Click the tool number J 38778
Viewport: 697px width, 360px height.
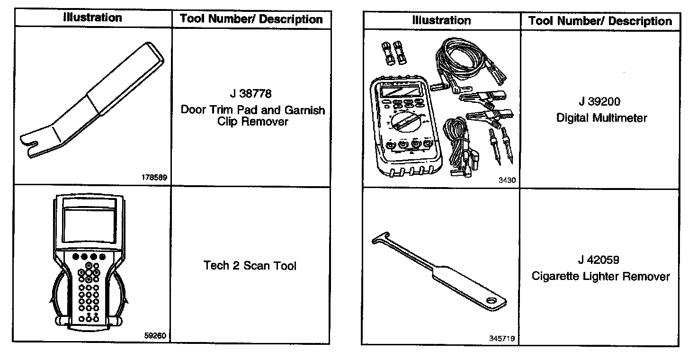click(250, 94)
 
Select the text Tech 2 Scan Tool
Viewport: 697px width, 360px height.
click(250, 266)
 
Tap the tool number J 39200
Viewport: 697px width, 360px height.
click(599, 101)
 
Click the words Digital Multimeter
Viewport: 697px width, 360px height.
click(601, 118)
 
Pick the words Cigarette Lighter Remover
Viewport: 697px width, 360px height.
click(601, 276)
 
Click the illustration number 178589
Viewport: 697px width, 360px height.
click(154, 178)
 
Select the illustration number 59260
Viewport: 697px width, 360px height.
click(155, 335)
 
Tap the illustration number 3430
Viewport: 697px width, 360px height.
click(507, 180)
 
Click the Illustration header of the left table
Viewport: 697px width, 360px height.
click(93, 18)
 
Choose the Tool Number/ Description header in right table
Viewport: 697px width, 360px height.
click(600, 21)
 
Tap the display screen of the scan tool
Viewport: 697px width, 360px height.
click(89, 225)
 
